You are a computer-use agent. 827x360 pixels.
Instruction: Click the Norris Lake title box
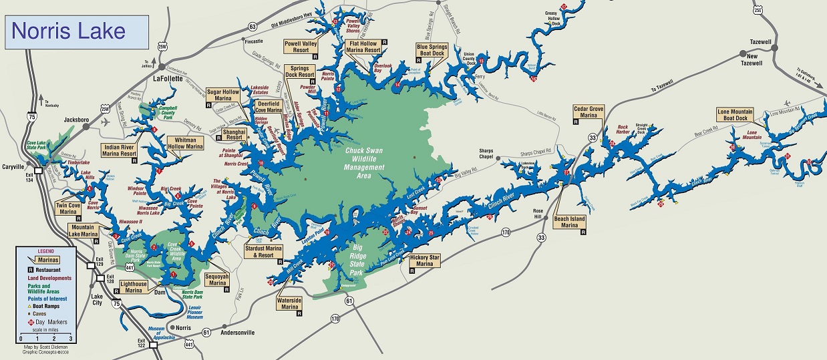pyautogui.click(x=77, y=31)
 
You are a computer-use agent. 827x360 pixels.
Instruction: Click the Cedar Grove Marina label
pyautogui.click(x=589, y=111)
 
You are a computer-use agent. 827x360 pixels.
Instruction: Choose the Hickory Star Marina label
pyautogui.click(x=426, y=260)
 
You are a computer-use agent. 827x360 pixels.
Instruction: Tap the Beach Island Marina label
pyautogui.click(x=569, y=222)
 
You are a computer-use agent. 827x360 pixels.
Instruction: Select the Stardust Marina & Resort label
pyautogui.click(x=264, y=252)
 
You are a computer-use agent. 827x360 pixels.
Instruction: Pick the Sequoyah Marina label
pyautogui.click(x=218, y=279)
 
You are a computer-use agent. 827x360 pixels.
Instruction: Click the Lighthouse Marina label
pyautogui.click(x=134, y=287)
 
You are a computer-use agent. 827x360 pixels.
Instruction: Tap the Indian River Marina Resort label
pyautogui.click(x=120, y=150)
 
